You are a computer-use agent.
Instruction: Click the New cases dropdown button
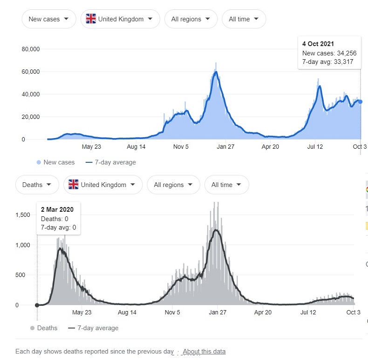click(x=48, y=19)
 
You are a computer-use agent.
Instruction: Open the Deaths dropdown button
click(x=37, y=185)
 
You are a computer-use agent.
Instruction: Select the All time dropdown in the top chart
click(x=244, y=19)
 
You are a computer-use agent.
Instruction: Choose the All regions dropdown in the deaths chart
click(x=173, y=185)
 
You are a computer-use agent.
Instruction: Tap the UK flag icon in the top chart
click(x=91, y=19)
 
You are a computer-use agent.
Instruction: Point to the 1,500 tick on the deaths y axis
click(x=23, y=215)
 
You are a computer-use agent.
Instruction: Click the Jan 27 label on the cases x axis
click(x=225, y=146)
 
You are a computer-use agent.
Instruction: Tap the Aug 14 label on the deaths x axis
click(x=127, y=312)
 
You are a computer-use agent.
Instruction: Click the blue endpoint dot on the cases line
click(x=360, y=102)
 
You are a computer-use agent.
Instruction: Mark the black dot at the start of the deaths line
click(x=37, y=305)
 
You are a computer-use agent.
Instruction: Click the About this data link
click(x=204, y=351)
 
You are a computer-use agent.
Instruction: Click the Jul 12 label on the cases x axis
click(x=315, y=146)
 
